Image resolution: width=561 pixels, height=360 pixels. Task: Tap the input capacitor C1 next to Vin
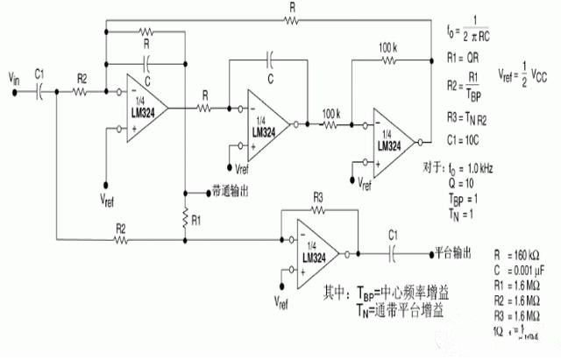(40, 90)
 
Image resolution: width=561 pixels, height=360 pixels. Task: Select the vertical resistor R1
(185, 216)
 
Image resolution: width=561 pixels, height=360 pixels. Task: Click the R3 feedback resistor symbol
(317, 210)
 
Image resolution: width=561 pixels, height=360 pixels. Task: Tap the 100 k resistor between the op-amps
(331, 126)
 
